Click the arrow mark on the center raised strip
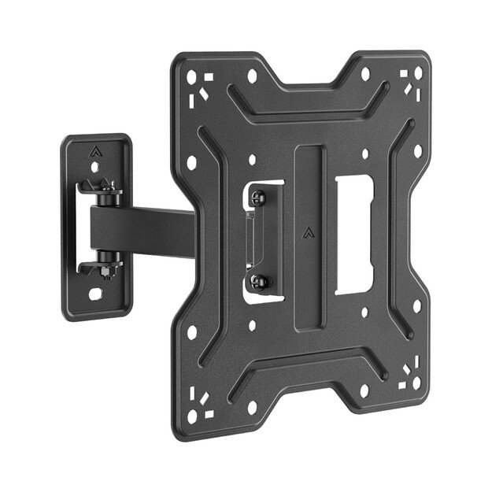308,233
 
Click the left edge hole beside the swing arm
191,163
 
